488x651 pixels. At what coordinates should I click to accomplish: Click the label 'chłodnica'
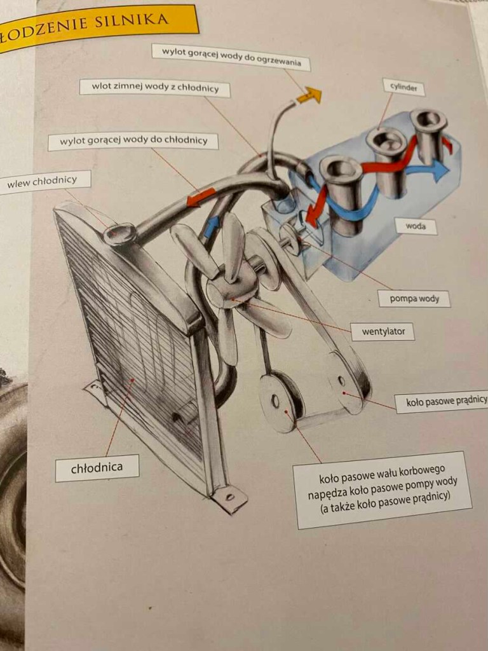(x=97, y=469)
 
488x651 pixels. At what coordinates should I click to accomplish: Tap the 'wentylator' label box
(x=383, y=332)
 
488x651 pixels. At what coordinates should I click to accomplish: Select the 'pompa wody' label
(x=414, y=299)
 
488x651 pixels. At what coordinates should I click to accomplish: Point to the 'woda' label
(x=416, y=227)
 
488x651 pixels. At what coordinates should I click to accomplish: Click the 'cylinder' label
(x=403, y=87)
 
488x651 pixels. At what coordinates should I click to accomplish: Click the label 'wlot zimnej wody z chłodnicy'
(x=155, y=88)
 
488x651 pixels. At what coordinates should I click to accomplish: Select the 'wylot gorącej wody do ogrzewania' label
(x=231, y=57)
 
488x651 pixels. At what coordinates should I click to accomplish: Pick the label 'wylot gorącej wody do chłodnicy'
(x=133, y=141)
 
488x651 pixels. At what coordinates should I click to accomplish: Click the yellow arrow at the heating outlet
(x=309, y=95)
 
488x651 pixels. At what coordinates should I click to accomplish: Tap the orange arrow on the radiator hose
(x=201, y=197)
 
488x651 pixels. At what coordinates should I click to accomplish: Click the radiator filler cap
(x=119, y=234)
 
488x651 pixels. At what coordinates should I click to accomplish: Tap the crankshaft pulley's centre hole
(x=274, y=401)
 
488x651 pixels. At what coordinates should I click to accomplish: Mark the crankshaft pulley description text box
(x=382, y=490)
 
